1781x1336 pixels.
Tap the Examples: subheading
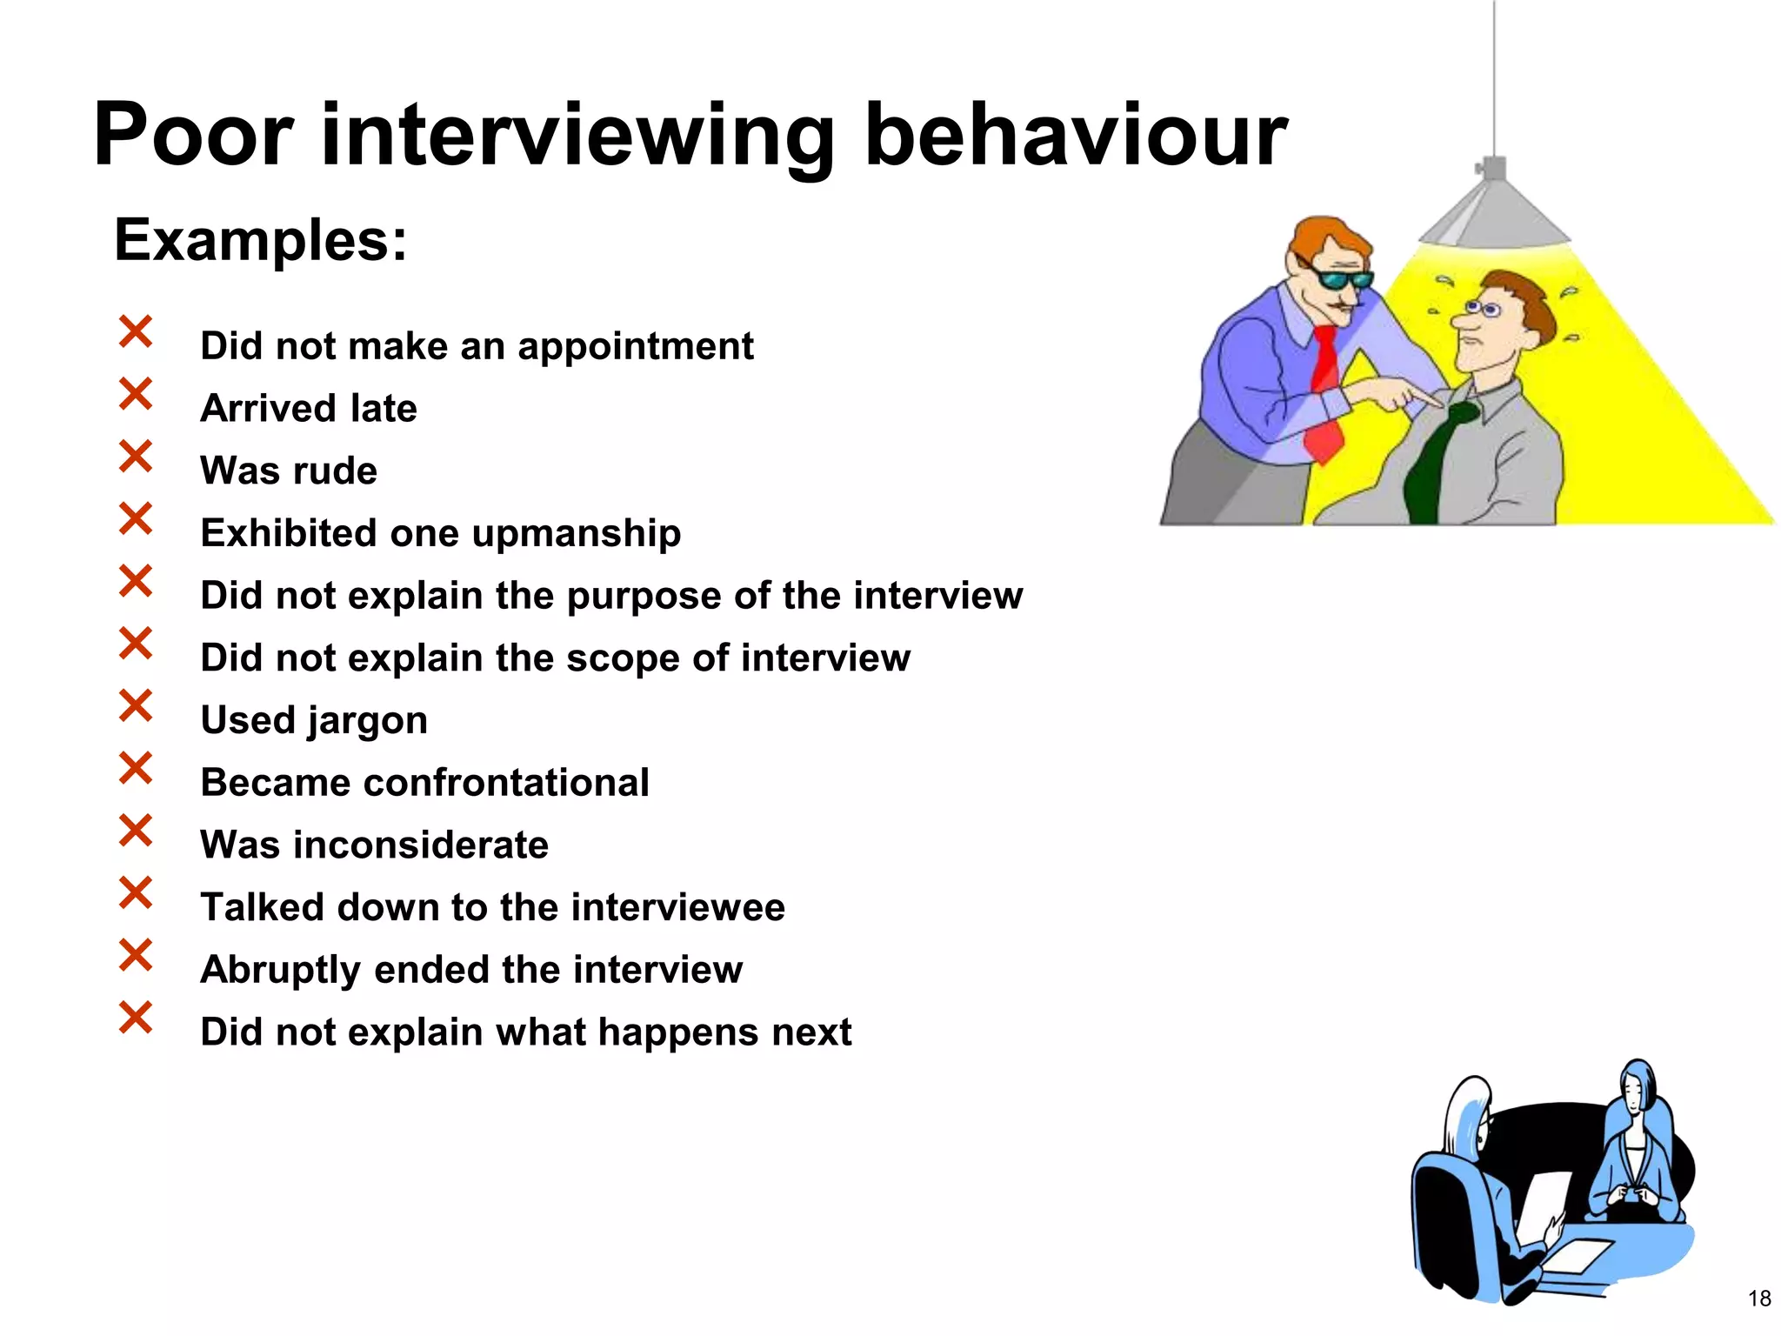260,240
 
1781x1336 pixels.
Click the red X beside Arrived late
136,394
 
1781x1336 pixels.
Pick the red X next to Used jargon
136,705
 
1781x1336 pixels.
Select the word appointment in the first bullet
636,346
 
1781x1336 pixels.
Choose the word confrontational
506,783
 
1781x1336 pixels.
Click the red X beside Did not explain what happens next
136,1017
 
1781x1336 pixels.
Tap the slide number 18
1758,1299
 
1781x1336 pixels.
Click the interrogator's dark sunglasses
1343,279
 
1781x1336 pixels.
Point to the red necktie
1325,391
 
